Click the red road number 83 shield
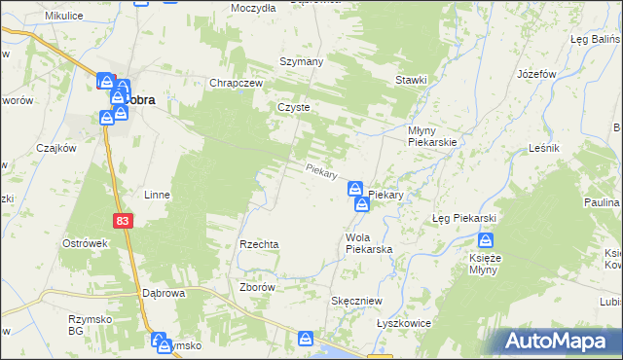(121, 222)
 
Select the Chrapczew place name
(238, 84)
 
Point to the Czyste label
(293, 108)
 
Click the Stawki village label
(411, 81)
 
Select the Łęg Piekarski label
(464, 218)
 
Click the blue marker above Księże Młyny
(486, 240)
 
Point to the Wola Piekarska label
(369, 243)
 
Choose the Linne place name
(157, 195)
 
